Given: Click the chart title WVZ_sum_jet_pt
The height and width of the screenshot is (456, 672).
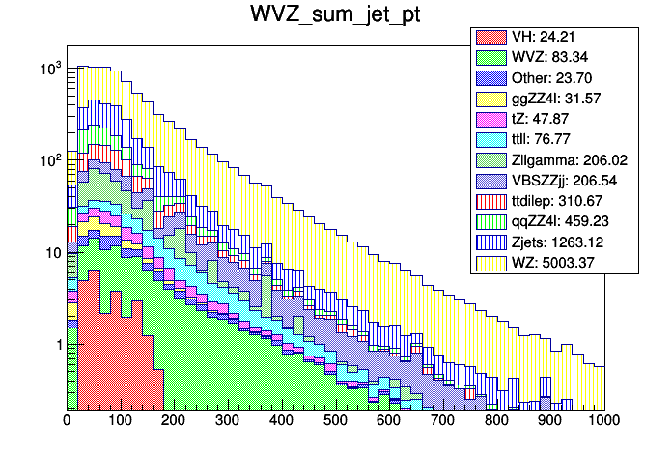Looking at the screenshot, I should tap(335, 16).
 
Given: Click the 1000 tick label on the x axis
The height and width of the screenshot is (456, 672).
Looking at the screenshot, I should tap(603, 421).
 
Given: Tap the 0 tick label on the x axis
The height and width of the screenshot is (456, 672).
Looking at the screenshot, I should tap(67, 421).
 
